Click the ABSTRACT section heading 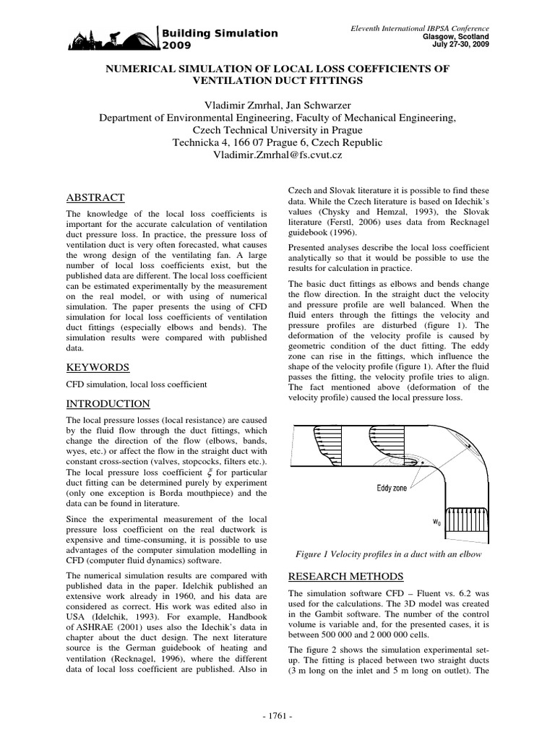point(95,197)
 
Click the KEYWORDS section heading point(98,367)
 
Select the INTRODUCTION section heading point(108,403)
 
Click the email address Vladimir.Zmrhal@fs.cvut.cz point(277,155)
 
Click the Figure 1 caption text point(388,554)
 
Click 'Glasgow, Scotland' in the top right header point(455,36)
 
